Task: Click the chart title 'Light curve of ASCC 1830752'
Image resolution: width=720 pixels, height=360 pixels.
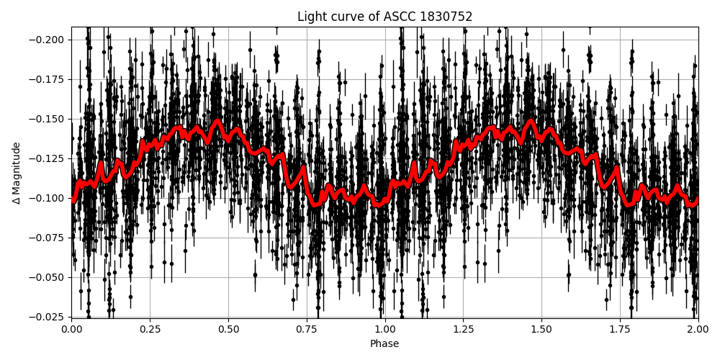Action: click(384, 17)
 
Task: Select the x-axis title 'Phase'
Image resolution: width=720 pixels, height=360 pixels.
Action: click(384, 344)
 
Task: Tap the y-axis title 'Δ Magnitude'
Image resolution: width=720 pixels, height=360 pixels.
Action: click(17, 173)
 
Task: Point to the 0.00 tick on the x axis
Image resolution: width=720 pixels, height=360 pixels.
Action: click(71, 329)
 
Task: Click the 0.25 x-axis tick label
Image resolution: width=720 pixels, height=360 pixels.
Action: click(150, 329)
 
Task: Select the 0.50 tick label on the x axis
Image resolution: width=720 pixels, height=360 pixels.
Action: click(228, 329)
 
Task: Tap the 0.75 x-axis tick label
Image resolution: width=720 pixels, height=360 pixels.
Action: click(307, 329)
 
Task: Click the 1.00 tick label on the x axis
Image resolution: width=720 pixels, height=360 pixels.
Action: click(385, 329)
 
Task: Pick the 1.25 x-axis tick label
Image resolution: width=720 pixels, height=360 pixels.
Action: click(463, 329)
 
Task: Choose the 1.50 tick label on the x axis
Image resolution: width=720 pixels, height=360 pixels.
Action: click(541, 329)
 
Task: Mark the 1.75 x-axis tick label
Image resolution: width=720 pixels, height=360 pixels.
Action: click(620, 329)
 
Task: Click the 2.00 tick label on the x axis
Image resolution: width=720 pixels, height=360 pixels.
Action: click(698, 329)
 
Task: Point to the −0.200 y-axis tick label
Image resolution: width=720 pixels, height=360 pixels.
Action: click(48, 40)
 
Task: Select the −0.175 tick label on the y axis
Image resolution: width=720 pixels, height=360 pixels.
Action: click(48, 79)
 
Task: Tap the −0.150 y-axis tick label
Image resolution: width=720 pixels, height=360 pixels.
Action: click(48, 119)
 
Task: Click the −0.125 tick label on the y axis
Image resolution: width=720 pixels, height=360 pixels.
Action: click(48, 158)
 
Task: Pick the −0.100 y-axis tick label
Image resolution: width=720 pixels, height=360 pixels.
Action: click(48, 198)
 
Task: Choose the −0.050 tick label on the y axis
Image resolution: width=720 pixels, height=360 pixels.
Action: click(48, 277)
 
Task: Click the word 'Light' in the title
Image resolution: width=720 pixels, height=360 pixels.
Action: click(310, 17)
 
